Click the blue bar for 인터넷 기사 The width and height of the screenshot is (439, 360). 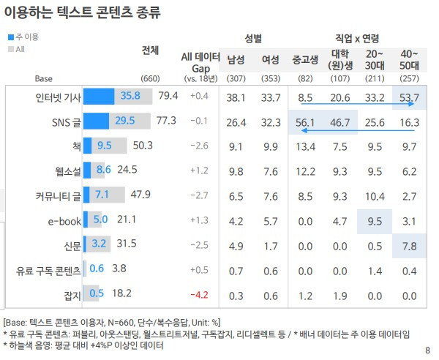[99, 97]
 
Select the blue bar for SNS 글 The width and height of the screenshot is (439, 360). [97, 121]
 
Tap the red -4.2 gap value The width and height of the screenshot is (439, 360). [199, 295]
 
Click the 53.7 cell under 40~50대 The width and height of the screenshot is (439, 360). [409, 98]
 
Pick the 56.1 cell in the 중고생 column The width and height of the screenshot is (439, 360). [305, 123]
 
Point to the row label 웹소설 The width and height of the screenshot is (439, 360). [68, 171]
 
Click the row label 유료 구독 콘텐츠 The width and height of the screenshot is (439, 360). [48, 271]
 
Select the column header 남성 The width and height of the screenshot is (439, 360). [236, 59]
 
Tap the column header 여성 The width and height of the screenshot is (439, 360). [271, 59]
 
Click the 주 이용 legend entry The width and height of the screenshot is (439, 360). [23, 37]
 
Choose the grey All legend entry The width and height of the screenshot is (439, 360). [17, 49]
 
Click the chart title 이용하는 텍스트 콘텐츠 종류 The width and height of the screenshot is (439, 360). [82, 12]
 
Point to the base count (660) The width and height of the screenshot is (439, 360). [150, 78]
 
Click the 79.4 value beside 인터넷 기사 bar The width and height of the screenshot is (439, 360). [168, 96]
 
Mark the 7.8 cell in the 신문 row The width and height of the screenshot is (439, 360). [409, 247]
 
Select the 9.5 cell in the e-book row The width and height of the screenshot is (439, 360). [375, 222]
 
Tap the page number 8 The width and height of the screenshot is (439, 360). [427, 350]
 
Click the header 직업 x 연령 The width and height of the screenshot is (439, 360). [357, 38]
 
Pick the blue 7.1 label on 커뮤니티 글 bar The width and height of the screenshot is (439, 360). [102, 195]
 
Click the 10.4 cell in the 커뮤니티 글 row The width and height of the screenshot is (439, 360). [375, 197]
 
